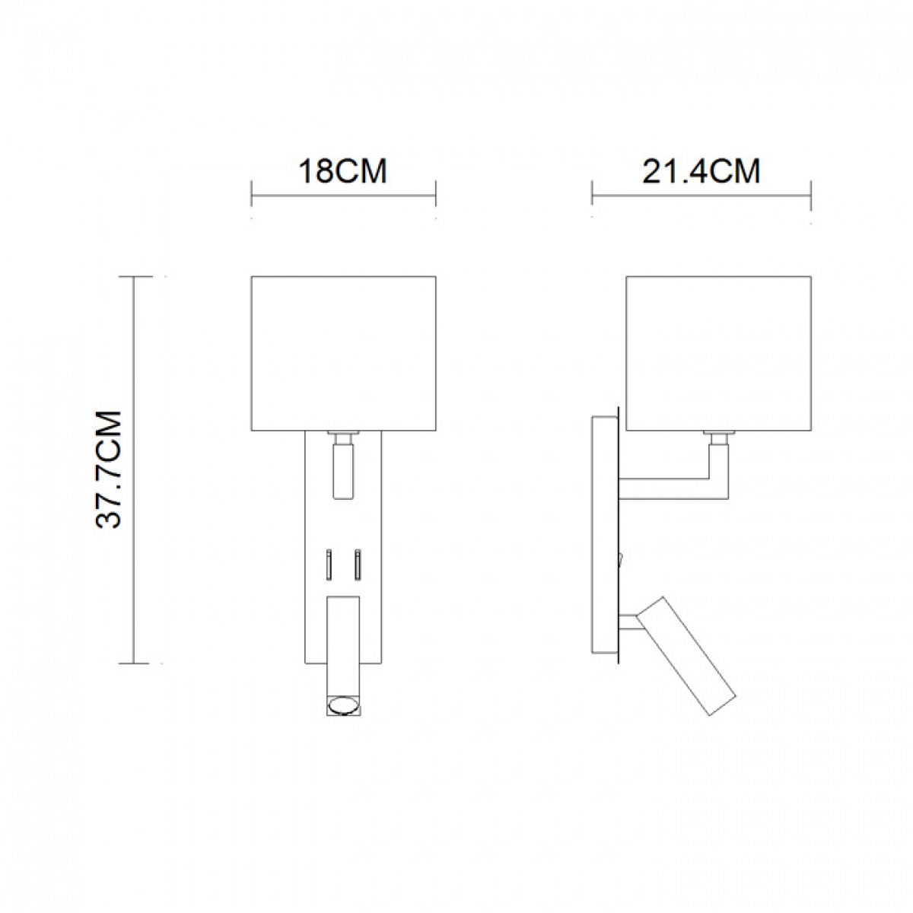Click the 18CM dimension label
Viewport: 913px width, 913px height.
(x=342, y=171)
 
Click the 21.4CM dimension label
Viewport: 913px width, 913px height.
(x=701, y=171)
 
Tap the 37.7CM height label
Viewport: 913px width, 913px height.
(x=109, y=469)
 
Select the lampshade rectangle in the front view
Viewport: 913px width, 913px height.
(x=343, y=354)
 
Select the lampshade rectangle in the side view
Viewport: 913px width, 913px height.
(x=718, y=354)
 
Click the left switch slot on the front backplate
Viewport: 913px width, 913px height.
(x=328, y=565)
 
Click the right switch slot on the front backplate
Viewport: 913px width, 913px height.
(x=358, y=565)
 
